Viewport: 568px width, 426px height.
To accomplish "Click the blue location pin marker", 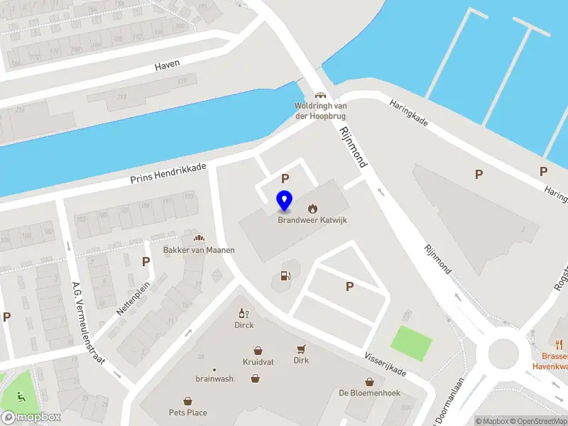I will (284, 201).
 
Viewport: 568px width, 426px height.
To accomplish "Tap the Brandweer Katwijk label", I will (312, 220).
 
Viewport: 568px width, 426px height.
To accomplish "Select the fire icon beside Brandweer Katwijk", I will (312, 208).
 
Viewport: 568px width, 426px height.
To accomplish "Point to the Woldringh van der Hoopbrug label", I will (319, 111).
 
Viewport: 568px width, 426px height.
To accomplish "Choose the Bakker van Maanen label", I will (199, 250).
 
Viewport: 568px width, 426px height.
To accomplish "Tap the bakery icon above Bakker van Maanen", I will (199, 238).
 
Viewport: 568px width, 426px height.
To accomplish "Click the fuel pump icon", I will (285, 275).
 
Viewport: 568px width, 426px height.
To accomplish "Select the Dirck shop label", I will (244, 325).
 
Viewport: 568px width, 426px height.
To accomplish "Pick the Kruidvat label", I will (258, 361).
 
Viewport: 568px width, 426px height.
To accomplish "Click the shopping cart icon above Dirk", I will (301, 349).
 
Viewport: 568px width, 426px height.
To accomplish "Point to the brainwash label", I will (214, 378).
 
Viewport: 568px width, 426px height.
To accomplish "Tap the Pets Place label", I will (187, 413).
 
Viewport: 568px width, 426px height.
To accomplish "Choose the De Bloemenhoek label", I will (369, 393).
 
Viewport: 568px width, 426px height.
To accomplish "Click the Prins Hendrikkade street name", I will (168, 174).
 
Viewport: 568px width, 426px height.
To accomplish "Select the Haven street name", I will (168, 65).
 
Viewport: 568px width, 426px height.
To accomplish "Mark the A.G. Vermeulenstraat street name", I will (88, 322).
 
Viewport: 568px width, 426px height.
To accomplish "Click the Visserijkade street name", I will (385, 361).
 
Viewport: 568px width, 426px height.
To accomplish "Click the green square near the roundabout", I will (411, 342).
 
